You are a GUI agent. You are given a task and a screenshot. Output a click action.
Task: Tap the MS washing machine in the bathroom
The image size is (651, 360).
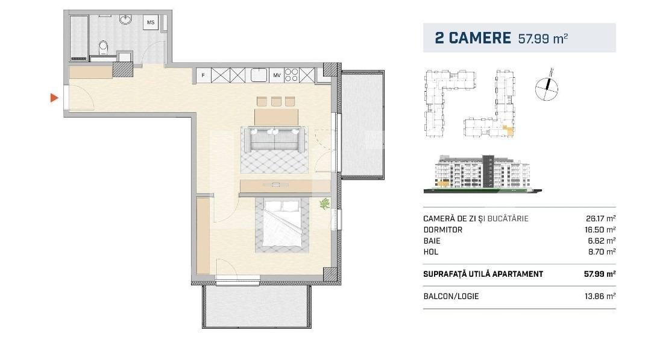(150, 23)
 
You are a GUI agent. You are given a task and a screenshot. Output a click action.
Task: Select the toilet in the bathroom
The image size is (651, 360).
(104, 47)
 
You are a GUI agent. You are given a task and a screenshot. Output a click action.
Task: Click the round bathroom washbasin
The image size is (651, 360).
(127, 21)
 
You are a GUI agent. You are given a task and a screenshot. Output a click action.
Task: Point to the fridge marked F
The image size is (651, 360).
(203, 75)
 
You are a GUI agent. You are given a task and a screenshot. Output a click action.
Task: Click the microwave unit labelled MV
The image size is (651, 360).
(277, 75)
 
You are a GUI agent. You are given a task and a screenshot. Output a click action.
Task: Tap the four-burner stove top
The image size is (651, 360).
(292, 75)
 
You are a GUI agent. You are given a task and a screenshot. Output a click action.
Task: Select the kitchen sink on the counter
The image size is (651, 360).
(260, 75)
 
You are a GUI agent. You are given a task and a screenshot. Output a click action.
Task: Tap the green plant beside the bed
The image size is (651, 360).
(325, 204)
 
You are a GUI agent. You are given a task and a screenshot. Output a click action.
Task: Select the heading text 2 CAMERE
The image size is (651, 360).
(473, 38)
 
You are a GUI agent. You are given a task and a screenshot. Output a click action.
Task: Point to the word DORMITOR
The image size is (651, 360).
(443, 230)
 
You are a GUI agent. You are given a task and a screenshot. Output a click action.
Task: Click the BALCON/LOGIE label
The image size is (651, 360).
(451, 296)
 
